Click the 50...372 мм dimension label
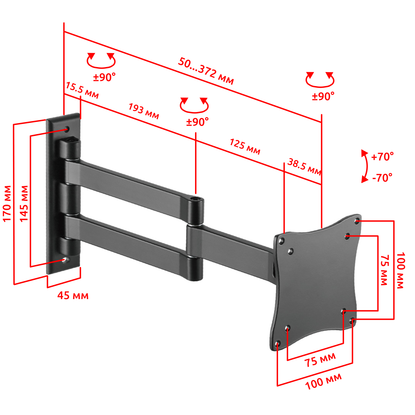206,71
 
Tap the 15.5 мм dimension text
82,90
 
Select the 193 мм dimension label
144,111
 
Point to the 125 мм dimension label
245,147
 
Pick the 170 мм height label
7,204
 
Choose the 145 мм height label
24,204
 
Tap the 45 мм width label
73,295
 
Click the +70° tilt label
382,157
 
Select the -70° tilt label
382,178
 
